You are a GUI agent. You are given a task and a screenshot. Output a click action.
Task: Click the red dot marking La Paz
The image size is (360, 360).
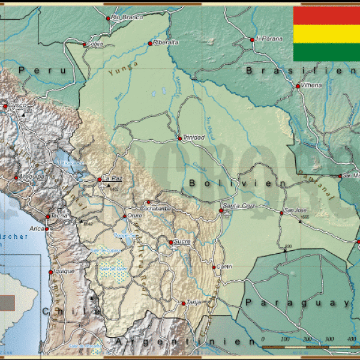(100, 179)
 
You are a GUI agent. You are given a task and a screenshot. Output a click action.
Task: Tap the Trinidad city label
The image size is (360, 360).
(194, 137)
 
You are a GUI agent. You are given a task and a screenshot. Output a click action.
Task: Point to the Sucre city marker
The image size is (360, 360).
(170, 242)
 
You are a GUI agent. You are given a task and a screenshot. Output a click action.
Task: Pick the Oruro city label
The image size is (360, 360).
(135, 216)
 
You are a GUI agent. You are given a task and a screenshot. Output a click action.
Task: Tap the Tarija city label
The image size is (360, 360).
(193, 302)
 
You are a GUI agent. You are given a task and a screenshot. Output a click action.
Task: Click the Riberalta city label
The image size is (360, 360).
(166, 43)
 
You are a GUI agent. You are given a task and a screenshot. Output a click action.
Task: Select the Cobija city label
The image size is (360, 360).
(95, 44)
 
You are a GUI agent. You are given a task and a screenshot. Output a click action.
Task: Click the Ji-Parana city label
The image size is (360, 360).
(268, 39)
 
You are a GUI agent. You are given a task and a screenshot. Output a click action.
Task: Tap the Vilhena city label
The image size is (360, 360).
(311, 85)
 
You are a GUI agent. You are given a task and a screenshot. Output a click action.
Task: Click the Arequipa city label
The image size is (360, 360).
(32, 176)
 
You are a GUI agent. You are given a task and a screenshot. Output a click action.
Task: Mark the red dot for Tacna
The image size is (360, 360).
(47, 217)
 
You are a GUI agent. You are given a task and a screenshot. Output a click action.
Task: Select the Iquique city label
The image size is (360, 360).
(64, 271)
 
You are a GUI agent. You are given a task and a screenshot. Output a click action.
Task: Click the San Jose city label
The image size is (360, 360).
(296, 211)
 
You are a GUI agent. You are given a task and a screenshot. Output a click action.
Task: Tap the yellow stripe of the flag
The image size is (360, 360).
(326, 34)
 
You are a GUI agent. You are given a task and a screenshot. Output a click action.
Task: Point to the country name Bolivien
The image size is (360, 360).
(238, 182)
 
